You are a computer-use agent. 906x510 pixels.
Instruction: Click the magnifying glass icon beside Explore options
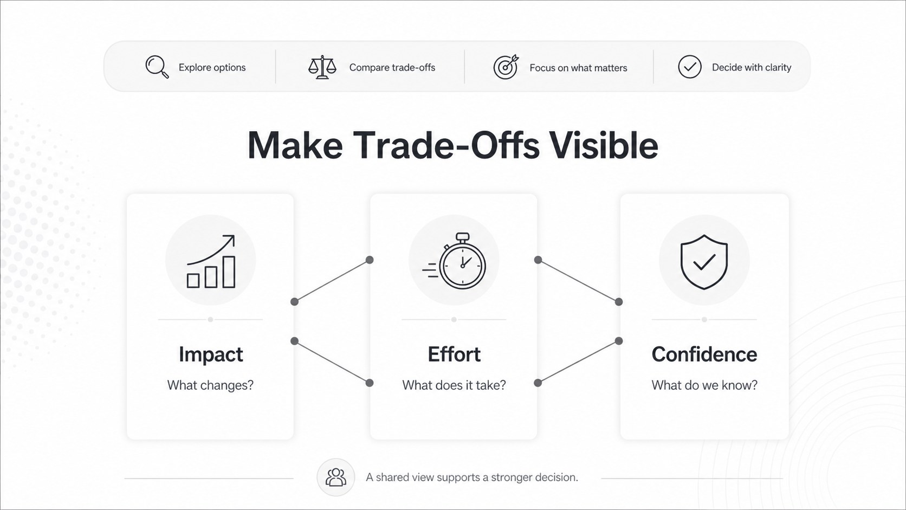tap(157, 67)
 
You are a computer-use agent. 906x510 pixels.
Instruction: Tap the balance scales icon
tap(322, 67)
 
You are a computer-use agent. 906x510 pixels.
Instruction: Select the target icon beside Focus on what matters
tap(506, 67)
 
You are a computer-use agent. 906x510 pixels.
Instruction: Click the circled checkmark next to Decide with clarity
tap(690, 67)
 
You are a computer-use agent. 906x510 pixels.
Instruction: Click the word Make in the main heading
tap(295, 145)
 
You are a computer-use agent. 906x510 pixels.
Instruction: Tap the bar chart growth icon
tap(211, 261)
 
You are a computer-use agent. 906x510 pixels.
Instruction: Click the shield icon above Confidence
tap(704, 262)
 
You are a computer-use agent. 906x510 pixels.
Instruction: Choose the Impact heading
tap(211, 354)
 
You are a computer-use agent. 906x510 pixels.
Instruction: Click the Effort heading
tap(454, 354)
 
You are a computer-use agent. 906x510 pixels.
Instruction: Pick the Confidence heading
tap(704, 354)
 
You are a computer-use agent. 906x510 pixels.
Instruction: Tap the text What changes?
tap(210, 385)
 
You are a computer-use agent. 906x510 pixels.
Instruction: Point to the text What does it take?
tap(454, 385)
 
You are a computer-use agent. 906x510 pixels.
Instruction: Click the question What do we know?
tap(704, 385)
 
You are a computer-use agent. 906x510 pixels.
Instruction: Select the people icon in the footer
tap(336, 477)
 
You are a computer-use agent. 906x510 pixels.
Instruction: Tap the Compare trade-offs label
tap(392, 68)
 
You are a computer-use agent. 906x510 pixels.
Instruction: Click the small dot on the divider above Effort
tap(454, 320)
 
